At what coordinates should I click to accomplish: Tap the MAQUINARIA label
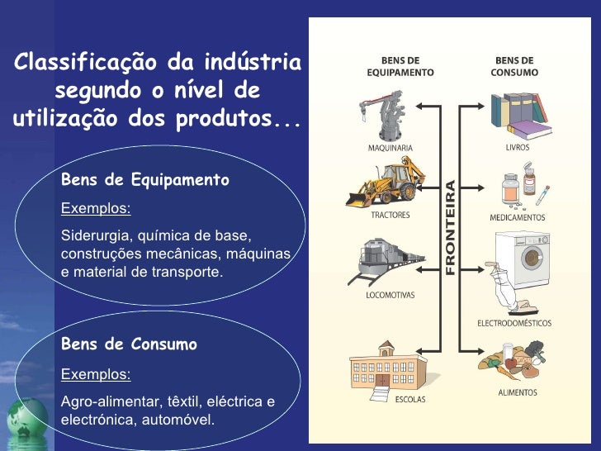pos(390,149)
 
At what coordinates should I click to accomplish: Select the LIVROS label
pos(518,148)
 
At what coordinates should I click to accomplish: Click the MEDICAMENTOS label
pos(518,217)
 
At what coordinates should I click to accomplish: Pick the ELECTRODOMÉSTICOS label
pos(514,323)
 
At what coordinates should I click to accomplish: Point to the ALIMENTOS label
pos(518,393)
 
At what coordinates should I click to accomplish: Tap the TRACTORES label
pos(390,215)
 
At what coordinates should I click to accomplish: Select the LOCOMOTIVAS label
pos(390,295)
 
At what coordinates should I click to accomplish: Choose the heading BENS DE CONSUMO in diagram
pos(515,66)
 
